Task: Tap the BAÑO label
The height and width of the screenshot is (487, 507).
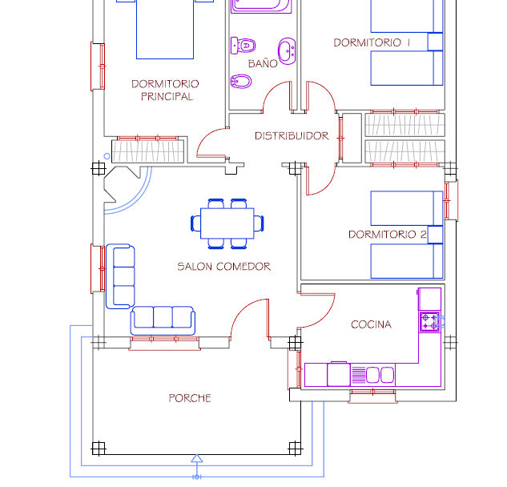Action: click(x=262, y=63)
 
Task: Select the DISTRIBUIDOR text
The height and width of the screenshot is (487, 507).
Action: click(x=292, y=136)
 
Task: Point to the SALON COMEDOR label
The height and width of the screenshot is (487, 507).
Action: click(x=223, y=267)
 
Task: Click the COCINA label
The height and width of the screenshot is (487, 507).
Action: click(x=371, y=324)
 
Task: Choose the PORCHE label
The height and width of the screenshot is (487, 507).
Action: click(x=190, y=398)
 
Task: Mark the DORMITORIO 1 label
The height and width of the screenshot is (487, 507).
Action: click(x=372, y=42)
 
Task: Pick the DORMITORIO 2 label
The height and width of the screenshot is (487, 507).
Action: click(x=387, y=235)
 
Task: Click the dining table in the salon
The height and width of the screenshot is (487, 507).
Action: click(x=227, y=222)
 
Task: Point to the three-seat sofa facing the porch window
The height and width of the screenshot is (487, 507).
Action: click(x=163, y=319)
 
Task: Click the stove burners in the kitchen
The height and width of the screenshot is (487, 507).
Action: click(x=429, y=321)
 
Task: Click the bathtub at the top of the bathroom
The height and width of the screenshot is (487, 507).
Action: click(x=261, y=6)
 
